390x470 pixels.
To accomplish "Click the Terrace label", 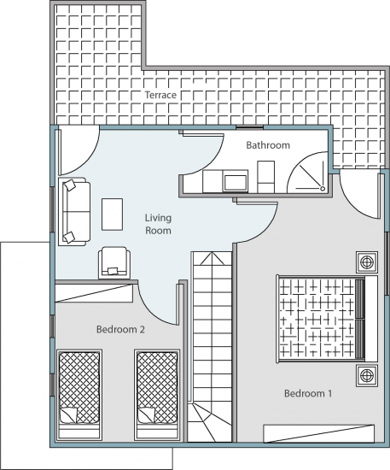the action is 160,95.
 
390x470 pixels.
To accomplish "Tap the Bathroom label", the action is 268,145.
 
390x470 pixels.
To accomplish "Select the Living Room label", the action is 158,224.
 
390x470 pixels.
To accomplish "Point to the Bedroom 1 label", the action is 308,393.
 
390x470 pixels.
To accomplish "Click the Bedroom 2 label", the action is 120,329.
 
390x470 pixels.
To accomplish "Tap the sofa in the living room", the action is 74,212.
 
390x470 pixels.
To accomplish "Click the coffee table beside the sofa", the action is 113,214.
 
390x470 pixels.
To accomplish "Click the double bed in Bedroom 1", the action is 327,319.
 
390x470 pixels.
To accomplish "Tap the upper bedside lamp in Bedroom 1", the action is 367,262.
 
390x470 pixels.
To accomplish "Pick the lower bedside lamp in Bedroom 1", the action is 367,376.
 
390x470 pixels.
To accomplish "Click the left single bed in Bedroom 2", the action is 79,395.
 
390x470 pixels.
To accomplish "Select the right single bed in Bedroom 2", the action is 157,395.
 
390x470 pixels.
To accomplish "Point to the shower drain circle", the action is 323,188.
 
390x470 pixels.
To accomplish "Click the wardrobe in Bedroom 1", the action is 319,433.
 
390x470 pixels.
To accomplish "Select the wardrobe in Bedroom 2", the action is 94,293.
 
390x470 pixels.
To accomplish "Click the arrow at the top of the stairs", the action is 212,258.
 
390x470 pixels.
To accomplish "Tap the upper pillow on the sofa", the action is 70,185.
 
